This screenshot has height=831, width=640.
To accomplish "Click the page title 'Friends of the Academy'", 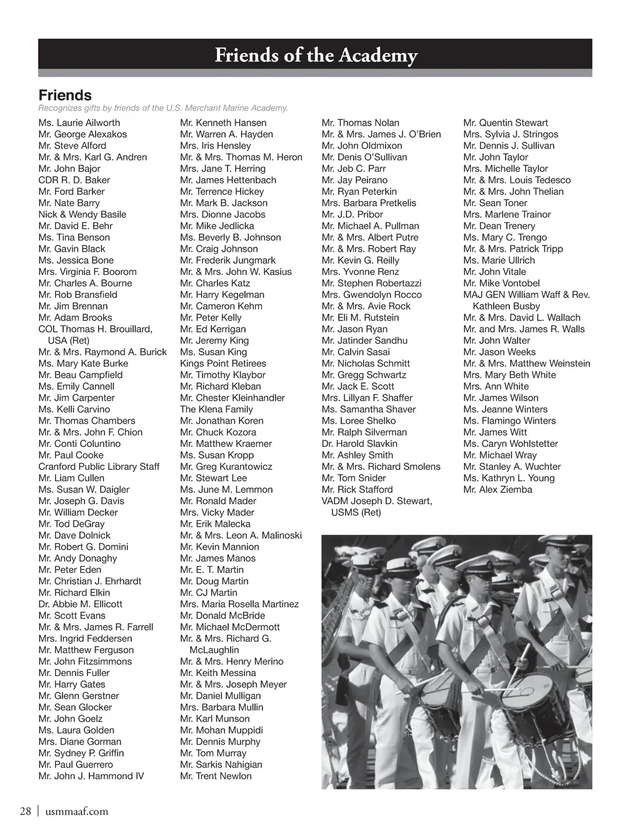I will point(316,56).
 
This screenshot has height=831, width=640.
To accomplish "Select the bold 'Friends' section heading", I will point(65,96).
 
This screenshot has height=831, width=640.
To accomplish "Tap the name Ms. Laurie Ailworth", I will point(79,123).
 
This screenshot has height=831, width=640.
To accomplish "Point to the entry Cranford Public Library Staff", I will point(99,467).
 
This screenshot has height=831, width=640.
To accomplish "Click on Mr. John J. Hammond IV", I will point(91,776).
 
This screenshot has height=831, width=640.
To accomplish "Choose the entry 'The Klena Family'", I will point(216,409).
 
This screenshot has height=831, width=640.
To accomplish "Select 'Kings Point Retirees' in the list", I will point(222,364).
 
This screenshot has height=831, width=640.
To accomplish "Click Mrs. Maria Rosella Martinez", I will point(239,604).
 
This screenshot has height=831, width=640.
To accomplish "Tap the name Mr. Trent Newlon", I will point(216,776).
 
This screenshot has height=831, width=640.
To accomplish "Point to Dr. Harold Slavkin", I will point(359,444).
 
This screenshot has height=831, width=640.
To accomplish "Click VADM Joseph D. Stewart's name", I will point(377,501).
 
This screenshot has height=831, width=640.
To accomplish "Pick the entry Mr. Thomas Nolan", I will point(360,123).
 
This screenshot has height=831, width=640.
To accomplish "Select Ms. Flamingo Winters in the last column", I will point(509,420).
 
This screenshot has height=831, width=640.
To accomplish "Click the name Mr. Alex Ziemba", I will point(497,489).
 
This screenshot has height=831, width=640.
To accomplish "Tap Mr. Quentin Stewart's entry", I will point(506,123).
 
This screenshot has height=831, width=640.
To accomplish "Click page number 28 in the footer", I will point(26,812).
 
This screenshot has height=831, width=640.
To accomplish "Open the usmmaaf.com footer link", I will point(77,812).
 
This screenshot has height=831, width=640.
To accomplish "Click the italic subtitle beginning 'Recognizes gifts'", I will point(163,108).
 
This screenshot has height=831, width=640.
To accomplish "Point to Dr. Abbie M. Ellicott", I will point(80,604).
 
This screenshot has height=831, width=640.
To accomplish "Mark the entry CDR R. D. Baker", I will point(74,180).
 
